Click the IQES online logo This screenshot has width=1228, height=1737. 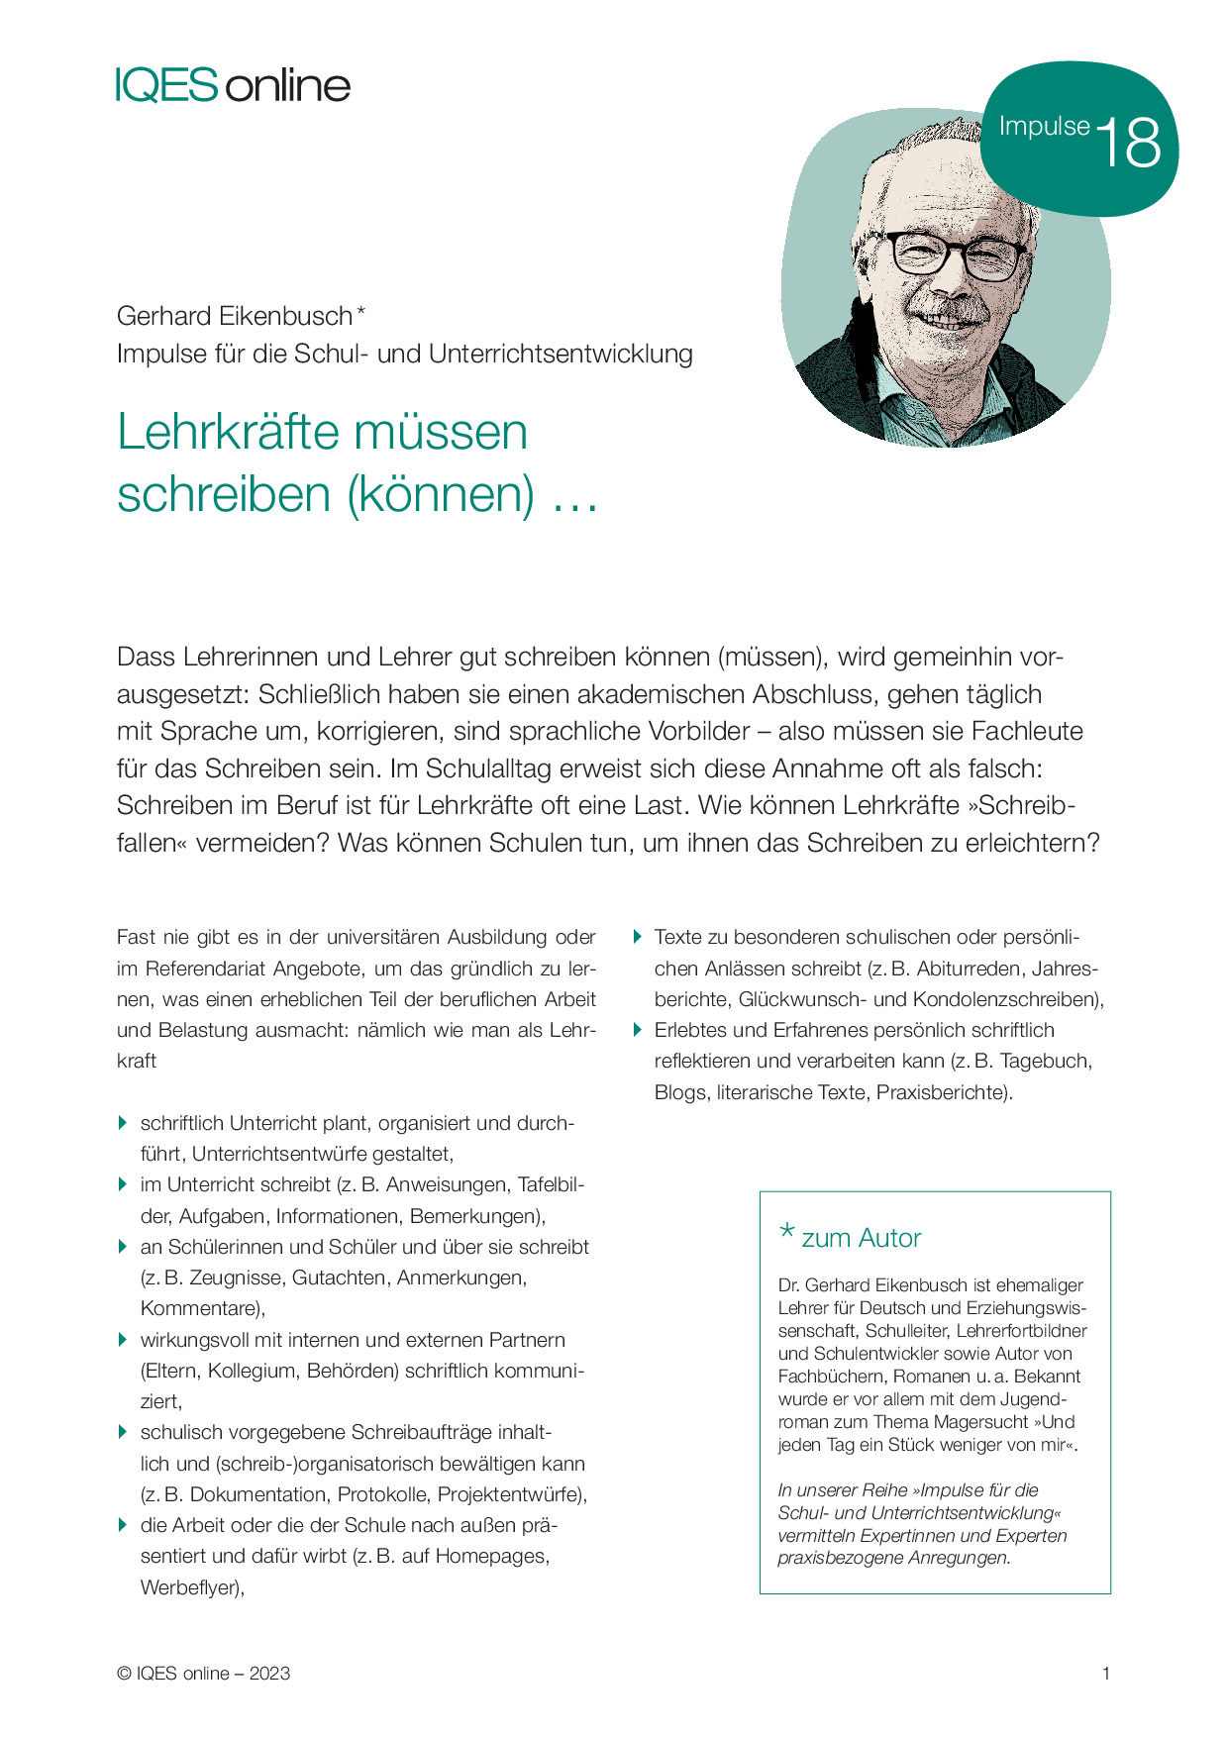tap(233, 85)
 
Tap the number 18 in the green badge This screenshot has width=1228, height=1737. tap(1129, 143)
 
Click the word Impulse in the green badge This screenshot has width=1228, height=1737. tap(1044, 127)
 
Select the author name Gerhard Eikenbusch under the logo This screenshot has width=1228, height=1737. tap(234, 316)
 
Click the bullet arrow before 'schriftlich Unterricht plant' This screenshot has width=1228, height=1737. tap(123, 1122)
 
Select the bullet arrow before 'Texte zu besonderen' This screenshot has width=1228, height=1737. tap(638, 936)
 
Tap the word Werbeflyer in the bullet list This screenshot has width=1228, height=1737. tap(190, 1587)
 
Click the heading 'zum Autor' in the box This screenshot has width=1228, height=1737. tap(861, 1238)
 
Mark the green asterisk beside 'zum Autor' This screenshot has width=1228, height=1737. tap(787, 1233)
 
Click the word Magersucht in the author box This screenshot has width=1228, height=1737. tap(980, 1422)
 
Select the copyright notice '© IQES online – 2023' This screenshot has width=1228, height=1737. tap(203, 1674)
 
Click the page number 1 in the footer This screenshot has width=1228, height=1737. tap(1105, 1674)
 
